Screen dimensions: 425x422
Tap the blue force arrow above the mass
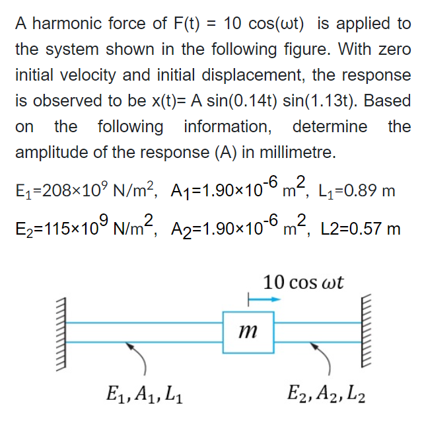pos(264,299)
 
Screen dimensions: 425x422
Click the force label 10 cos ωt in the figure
pos(303,282)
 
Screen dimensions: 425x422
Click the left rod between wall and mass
pos(145,332)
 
